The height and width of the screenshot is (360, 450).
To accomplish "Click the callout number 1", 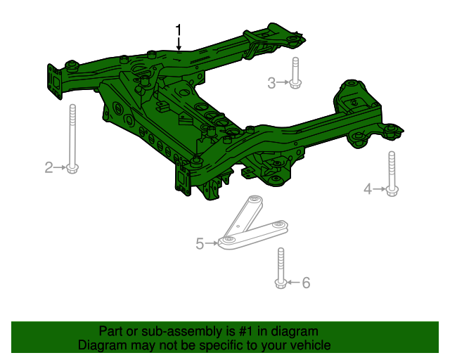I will tap(179, 30).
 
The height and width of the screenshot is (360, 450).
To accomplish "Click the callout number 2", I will tap(49, 167).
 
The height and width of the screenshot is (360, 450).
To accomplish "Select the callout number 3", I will tap(271, 84).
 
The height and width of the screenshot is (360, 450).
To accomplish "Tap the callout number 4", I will tap(367, 188).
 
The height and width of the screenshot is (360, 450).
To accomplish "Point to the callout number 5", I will tap(200, 244).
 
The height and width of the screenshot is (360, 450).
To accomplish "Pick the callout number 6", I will tap(306, 283).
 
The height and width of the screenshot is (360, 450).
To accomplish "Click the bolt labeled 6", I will tap(281, 269).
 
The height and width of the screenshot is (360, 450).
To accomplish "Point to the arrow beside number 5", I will tap(212, 243).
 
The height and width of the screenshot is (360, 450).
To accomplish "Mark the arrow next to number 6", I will tap(294, 283).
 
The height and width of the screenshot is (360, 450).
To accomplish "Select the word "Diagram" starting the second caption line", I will tap(101, 345).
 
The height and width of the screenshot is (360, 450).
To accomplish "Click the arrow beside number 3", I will tap(283, 84).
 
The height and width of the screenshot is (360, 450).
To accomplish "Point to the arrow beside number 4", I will tap(378, 188).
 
